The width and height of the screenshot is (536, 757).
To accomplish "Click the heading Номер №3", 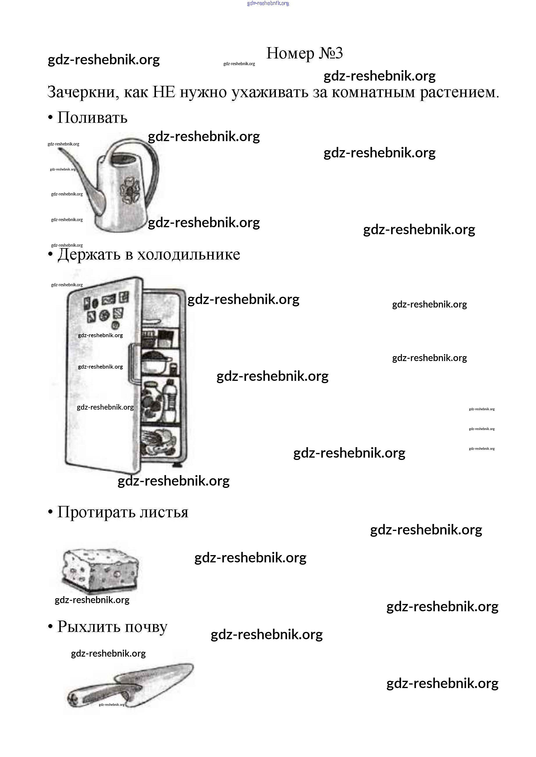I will pos(304,54).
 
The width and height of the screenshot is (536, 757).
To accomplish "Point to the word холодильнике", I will pos(189,255).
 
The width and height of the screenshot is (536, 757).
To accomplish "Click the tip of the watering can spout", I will pos(60,150).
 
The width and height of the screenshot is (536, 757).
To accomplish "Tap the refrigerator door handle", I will pos(132,363).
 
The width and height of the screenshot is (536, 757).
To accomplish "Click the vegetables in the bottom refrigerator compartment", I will pos(160,442).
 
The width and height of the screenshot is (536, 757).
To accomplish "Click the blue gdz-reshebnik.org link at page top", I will pos(268,3).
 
